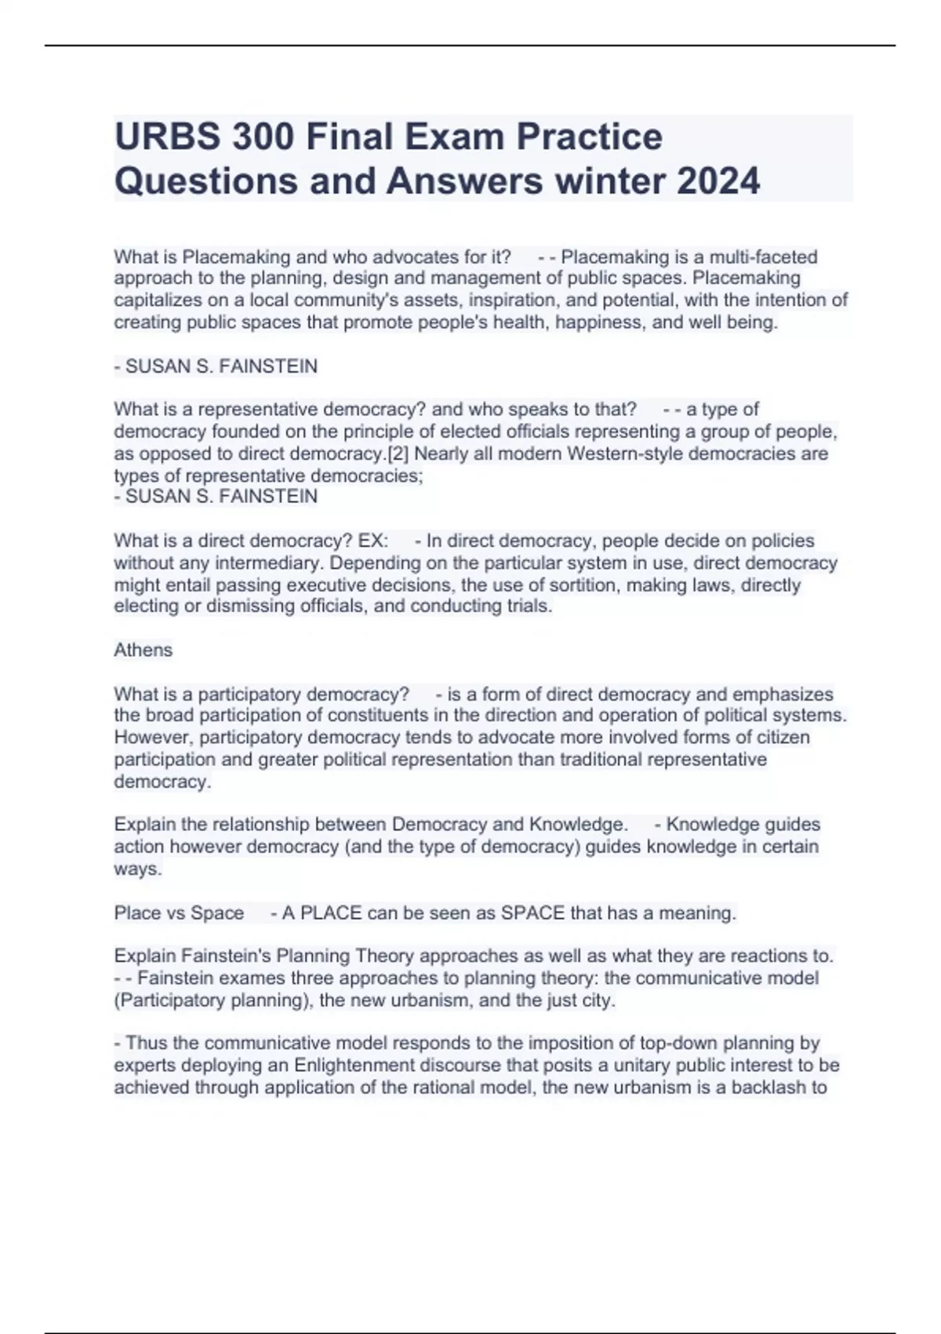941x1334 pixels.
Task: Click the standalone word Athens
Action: [x=143, y=650]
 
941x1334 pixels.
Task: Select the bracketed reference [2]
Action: [x=400, y=454]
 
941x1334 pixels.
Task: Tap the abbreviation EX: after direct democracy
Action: [x=372, y=541]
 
